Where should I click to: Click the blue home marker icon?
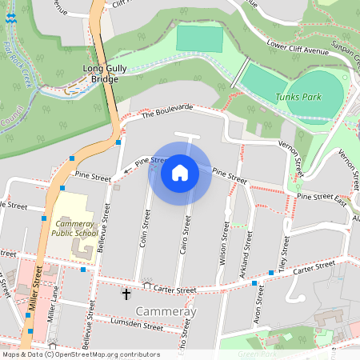click(x=180, y=172)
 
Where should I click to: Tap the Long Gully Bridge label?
click(x=106, y=74)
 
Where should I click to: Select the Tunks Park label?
click(x=291, y=96)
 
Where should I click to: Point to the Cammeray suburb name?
click(x=166, y=310)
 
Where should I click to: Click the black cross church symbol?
click(x=126, y=294)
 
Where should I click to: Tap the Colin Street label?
click(x=144, y=229)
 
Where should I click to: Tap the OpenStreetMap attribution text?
click(x=81, y=354)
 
